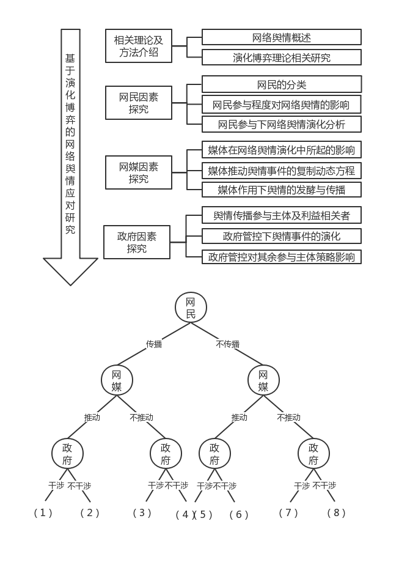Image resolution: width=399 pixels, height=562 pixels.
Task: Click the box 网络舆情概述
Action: pyautogui.click(x=282, y=37)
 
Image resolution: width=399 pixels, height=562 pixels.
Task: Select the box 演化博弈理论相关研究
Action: pyautogui.click(x=282, y=58)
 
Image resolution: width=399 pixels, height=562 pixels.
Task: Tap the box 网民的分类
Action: pyautogui.click(x=282, y=84)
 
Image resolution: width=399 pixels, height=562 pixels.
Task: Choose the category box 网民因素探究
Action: pyautogui.click(x=138, y=103)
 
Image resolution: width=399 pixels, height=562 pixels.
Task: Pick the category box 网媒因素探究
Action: pyautogui.click(x=138, y=172)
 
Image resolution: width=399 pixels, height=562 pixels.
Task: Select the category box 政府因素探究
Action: pyautogui.click(x=137, y=242)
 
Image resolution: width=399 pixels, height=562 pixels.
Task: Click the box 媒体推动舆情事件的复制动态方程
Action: pyautogui.click(x=282, y=170)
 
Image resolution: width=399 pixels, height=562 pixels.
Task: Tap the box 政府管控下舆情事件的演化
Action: pyautogui.click(x=282, y=236)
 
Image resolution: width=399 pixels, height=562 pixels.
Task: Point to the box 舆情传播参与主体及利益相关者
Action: pyautogui.click(x=282, y=215)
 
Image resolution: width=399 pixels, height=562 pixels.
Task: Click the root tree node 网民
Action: pyautogui.click(x=191, y=307)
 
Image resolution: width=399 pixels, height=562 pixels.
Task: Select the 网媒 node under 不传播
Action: pyautogui.click(x=263, y=380)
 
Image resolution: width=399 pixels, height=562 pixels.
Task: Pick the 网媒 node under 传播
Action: pyautogui.click(x=117, y=380)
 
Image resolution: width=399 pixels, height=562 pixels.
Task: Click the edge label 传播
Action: pyautogui.click(x=154, y=344)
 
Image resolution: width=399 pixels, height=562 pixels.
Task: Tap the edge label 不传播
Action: pyautogui.click(x=227, y=344)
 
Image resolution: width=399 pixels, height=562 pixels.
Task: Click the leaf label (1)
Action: pyautogui.click(x=43, y=512)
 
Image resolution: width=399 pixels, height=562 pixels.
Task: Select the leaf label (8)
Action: pyautogui.click(x=336, y=512)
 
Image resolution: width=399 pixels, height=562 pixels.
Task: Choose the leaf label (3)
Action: pyautogui.click(x=142, y=512)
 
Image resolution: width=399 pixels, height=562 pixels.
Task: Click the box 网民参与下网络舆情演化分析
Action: pyautogui.click(x=282, y=125)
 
